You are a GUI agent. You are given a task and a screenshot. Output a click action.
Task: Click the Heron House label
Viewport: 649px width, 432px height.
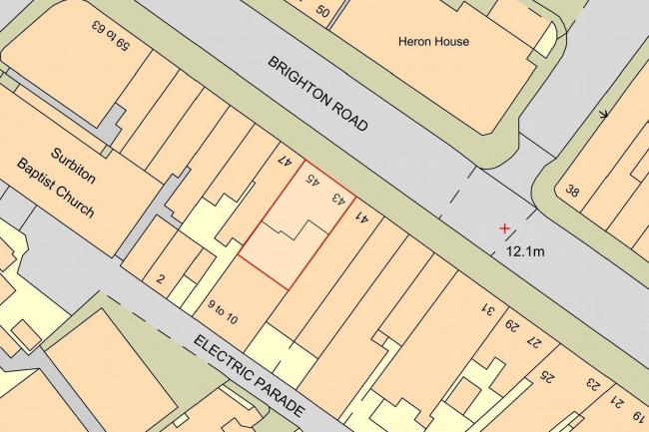(x=433, y=42)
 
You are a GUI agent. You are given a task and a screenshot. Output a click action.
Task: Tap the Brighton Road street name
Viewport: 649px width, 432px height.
(x=318, y=95)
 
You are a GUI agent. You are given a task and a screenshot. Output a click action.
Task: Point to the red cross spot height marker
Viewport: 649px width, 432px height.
(x=504, y=228)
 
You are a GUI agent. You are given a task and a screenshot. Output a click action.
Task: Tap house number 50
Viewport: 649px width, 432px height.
(x=322, y=11)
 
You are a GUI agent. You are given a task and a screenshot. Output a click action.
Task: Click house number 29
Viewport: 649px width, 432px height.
(x=512, y=327)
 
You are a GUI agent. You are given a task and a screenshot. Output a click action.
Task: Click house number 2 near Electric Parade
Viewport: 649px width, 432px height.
(x=160, y=278)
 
